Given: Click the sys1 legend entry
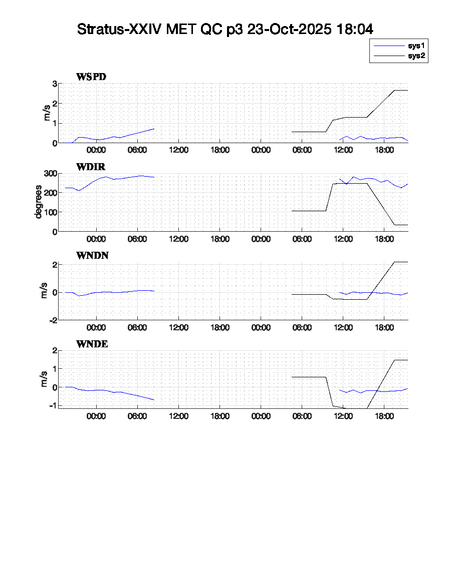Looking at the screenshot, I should [x=416, y=46].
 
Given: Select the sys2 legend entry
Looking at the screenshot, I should [x=416, y=56].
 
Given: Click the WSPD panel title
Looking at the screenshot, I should [x=91, y=77].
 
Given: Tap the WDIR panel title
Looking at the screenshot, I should [x=90, y=166].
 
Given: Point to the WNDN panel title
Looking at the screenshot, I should [x=92, y=256].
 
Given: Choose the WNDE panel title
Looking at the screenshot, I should [x=92, y=344].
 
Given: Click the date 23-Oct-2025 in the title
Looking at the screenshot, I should [x=289, y=29].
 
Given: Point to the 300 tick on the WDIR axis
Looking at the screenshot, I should [x=50, y=174].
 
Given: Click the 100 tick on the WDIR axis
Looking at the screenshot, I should [x=50, y=212].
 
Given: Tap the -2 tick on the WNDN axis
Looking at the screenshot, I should [x=52, y=320].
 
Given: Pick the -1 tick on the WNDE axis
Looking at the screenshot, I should [x=52, y=405].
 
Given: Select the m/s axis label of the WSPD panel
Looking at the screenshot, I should [x=47, y=113].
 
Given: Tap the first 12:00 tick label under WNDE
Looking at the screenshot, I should [x=179, y=416].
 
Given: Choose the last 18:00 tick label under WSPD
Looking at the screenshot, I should [x=384, y=150].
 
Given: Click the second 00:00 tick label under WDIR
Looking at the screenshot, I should [x=261, y=239].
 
